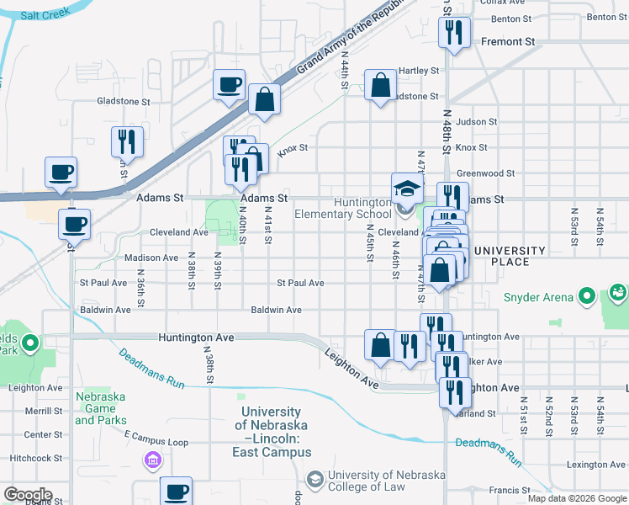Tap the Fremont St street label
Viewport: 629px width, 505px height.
click(x=507, y=40)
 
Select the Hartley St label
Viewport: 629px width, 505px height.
click(x=420, y=71)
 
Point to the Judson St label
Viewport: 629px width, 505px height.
click(x=477, y=122)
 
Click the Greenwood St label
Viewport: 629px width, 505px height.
click(x=485, y=173)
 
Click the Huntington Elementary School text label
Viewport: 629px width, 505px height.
click(x=343, y=208)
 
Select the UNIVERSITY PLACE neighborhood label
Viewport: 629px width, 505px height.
click(x=510, y=256)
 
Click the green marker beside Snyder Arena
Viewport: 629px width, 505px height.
click(x=589, y=296)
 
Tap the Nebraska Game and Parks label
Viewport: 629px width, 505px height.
click(x=101, y=408)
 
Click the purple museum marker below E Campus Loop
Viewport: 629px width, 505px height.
click(x=153, y=460)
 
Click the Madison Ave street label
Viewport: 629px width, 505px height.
click(x=151, y=258)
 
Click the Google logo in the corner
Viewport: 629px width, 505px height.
click(x=27, y=494)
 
